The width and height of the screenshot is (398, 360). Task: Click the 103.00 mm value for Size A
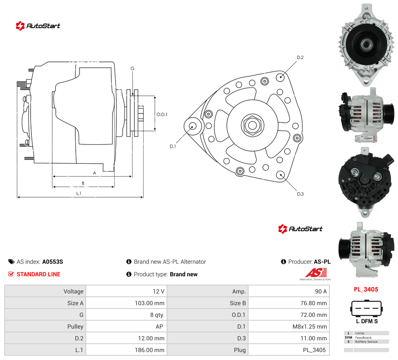pos(149,303)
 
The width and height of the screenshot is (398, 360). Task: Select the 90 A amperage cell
pos(321,291)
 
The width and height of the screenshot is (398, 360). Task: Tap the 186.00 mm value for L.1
pos(149,350)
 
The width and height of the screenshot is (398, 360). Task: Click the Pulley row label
pos(75,327)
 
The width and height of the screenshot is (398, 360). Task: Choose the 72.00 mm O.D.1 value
pos(313,315)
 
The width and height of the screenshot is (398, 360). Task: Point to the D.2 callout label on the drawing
pos(300,58)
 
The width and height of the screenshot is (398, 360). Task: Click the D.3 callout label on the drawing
pos(300,194)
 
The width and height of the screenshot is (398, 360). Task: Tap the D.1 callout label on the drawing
pos(172,146)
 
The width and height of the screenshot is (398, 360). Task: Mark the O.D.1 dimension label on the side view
pos(162,115)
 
